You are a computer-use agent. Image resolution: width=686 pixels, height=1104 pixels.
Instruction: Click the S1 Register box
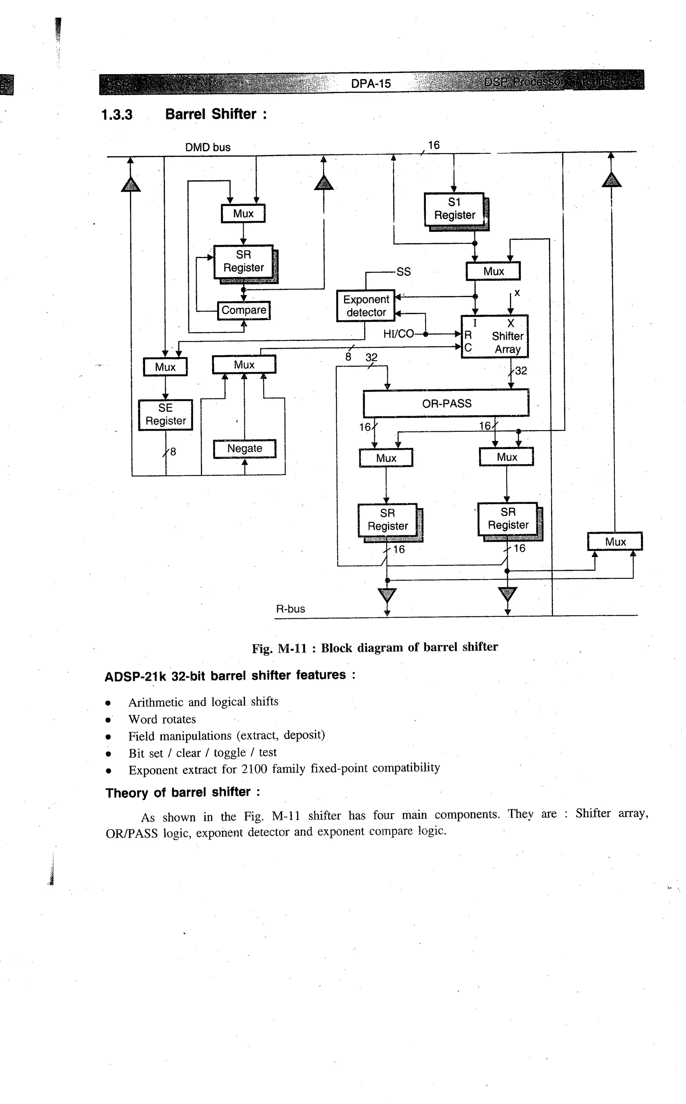[x=454, y=209]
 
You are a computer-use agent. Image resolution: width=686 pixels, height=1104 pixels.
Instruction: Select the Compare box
[x=244, y=310]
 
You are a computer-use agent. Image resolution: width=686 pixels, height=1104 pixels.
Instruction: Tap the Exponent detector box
[x=366, y=306]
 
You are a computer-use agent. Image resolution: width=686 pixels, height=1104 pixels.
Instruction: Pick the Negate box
[x=245, y=448]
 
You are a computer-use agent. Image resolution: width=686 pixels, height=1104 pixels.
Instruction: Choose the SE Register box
[x=165, y=414]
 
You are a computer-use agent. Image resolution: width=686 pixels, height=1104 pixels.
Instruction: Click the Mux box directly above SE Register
[x=165, y=367]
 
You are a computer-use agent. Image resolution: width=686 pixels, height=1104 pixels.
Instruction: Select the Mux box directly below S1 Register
[x=493, y=271]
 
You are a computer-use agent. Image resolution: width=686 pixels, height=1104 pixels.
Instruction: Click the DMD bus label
[x=208, y=147]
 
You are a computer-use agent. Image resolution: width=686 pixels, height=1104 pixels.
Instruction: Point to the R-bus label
[x=290, y=609]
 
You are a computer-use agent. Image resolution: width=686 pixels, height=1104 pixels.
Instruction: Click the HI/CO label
[x=398, y=334]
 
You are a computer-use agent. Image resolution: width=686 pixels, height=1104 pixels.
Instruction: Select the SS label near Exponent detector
[x=403, y=272]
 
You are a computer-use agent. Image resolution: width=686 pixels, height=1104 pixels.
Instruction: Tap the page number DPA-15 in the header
[x=371, y=83]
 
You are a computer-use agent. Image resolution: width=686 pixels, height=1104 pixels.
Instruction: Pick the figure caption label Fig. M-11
[x=279, y=648]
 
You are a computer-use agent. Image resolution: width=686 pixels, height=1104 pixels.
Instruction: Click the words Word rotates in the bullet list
[x=162, y=719]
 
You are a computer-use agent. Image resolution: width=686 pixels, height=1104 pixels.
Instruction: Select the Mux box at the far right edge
[x=615, y=541]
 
